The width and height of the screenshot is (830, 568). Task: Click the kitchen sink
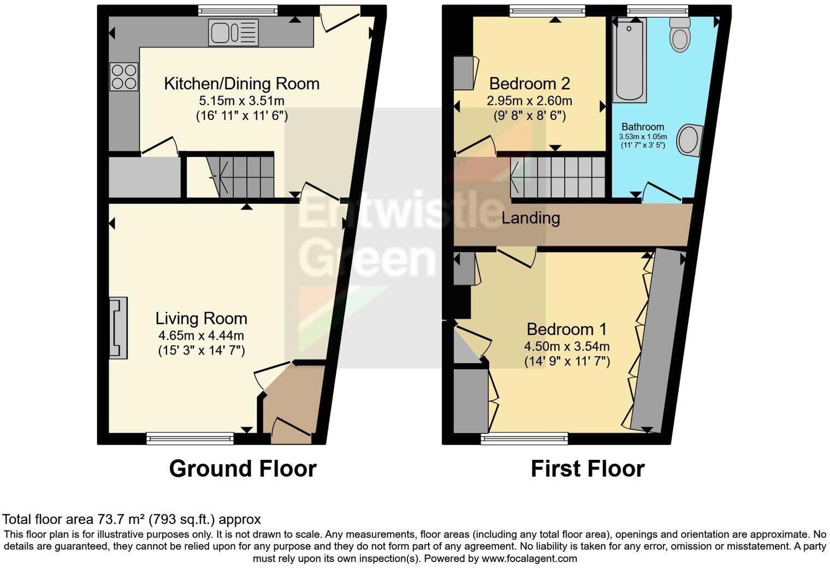(x=233, y=32)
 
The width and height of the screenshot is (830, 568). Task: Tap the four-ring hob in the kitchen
(x=124, y=77)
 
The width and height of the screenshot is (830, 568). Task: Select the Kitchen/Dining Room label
(x=241, y=84)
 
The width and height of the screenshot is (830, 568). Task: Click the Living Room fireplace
(x=118, y=328)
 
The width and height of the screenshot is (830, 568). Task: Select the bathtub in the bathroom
(x=630, y=60)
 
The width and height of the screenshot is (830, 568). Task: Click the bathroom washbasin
(x=689, y=140)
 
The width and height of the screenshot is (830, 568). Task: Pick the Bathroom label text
(x=643, y=127)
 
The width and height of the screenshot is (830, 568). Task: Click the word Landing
(x=530, y=218)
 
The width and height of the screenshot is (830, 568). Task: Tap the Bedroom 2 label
(x=529, y=84)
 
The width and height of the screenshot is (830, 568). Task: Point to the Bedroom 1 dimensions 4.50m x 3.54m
(x=566, y=346)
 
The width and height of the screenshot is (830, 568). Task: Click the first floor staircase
(x=557, y=177)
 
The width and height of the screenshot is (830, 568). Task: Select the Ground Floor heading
(x=242, y=469)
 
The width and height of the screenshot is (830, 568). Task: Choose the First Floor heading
(x=587, y=469)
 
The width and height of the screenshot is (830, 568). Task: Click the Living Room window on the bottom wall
(x=190, y=438)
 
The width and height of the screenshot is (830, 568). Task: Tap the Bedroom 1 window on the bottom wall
(x=524, y=438)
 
